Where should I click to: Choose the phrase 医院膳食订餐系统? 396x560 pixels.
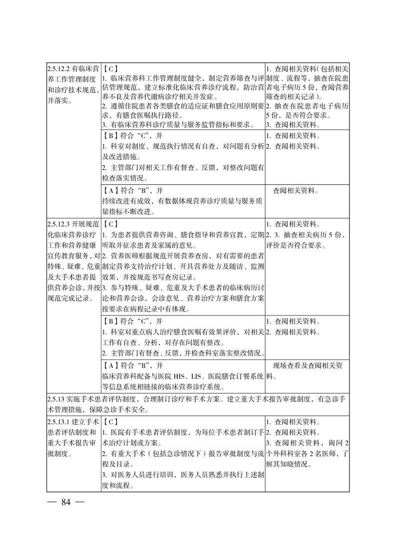(x=240, y=375)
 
